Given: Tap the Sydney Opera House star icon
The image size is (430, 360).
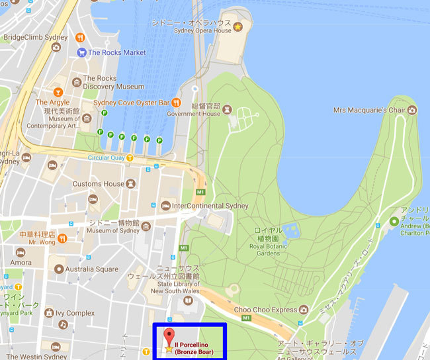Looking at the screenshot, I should (x=238, y=26).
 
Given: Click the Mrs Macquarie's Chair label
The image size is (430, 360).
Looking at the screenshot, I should (x=368, y=109).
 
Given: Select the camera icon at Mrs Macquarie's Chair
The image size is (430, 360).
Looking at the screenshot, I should (x=412, y=109).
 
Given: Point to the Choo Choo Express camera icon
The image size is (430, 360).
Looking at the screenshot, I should (x=304, y=309).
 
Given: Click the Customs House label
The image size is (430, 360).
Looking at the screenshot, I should (x=99, y=184).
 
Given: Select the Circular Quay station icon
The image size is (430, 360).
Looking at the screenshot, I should (x=130, y=157).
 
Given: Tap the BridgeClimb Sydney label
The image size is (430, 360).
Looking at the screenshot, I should (x=35, y=38).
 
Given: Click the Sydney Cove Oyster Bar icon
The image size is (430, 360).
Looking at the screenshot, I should (x=177, y=103).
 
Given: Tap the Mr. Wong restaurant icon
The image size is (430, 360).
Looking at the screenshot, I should (x=61, y=237).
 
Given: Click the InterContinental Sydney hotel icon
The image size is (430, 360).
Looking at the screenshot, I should (x=165, y=206).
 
